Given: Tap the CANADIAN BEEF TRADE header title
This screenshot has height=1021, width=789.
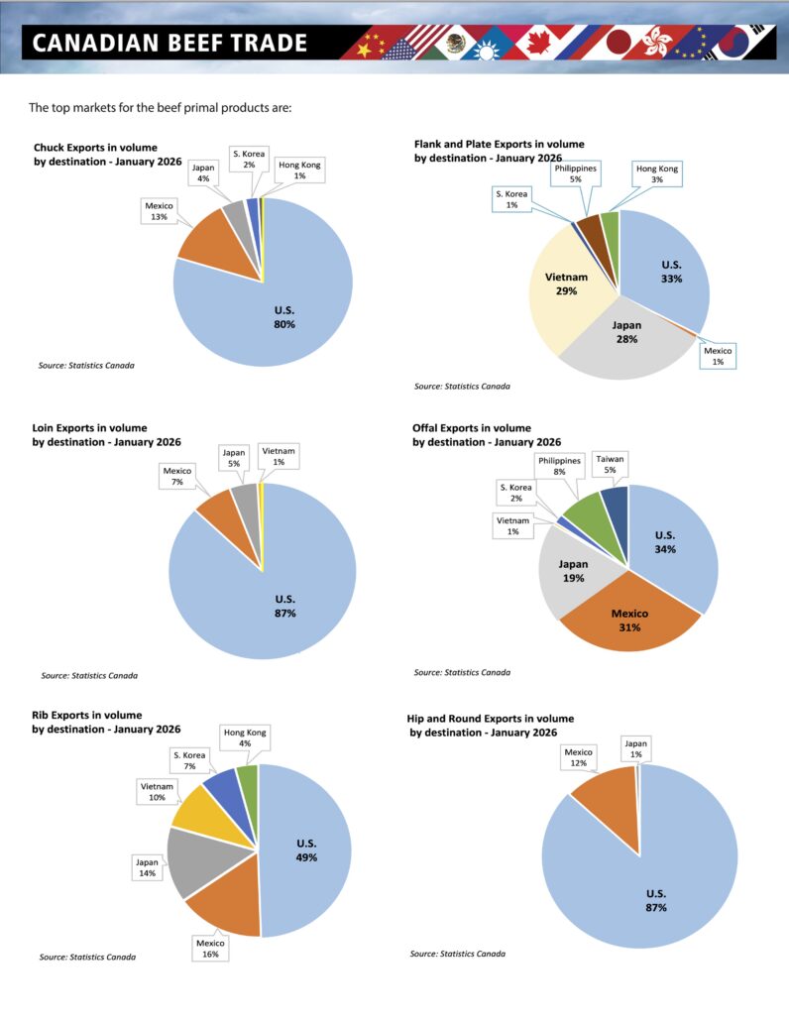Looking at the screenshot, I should coord(169,44).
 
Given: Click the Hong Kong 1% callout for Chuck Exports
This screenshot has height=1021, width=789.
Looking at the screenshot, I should coord(298,170).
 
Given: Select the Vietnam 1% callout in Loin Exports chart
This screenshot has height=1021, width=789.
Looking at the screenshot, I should coord(278,455).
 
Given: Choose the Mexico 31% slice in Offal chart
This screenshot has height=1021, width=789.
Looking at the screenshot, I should coord(628,619).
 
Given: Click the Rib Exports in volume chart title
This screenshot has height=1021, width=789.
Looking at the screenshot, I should coord(87,722).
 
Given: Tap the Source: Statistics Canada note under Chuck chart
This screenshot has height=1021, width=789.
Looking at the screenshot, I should coord(78,365).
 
